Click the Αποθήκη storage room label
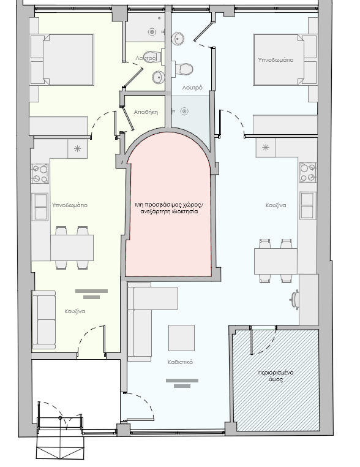click(x=146, y=112)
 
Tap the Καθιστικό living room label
click(x=180, y=362)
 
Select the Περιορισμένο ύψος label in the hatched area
click(x=276, y=376)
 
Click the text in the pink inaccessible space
click(x=169, y=208)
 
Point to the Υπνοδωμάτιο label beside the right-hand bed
click(x=276, y=60)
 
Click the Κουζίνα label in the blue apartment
click(x=276, y=205)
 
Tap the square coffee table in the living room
click(x=181, y=338)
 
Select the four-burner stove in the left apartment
click(x=40, y=173)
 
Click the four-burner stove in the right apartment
click(x=308, y=172)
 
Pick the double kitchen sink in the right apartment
click(x=307, y=205)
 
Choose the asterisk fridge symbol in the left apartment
click(x=77, y=148)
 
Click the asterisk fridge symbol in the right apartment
click(x=265, y=148)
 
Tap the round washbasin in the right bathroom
click(x=178, y=39)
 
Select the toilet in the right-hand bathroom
click(x=182, y=69)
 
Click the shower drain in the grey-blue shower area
click(x=184, y=112)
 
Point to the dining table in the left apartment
click(x=72, y=248)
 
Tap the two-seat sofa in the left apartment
click(x=44, y=320)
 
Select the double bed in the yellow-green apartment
click(x=62, y=59)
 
